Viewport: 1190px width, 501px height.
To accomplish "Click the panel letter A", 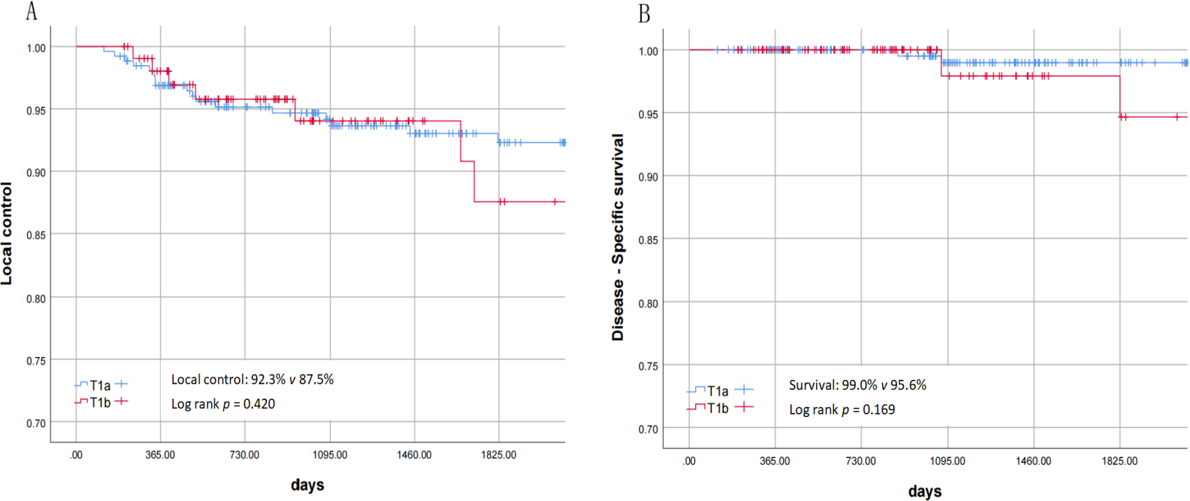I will [31, 11].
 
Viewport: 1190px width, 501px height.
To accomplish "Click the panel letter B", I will [644, 13].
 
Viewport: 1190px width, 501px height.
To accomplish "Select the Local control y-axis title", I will [7, 233].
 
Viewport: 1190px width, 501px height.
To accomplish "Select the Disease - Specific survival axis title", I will [617, 237].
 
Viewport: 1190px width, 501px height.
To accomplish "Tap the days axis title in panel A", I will [307, 485].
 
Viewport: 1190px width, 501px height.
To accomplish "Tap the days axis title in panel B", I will [924, 492].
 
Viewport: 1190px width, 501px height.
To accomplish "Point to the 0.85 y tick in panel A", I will [36, 235].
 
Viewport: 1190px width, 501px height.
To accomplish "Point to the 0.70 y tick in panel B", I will [648, 429].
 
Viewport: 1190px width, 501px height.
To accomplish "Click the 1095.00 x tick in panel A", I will [329, 455].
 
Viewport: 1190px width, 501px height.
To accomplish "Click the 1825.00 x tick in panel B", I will [1119, 461].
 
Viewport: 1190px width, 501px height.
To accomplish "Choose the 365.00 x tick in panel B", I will [775, 461].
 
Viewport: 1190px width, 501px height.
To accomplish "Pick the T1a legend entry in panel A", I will [100, 385].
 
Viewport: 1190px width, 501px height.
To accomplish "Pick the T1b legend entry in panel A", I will [100, 402].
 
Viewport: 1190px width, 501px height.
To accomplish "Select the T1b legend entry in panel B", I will [718, 408].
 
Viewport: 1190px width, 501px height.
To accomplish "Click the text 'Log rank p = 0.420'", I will [223, 404].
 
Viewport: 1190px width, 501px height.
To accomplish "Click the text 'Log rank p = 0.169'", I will [842, 410].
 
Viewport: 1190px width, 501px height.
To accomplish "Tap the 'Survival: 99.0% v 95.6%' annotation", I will [857, 385].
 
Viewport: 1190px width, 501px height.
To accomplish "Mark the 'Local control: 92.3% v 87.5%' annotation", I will [252, 379].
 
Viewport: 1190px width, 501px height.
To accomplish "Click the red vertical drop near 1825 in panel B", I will [1120, 96].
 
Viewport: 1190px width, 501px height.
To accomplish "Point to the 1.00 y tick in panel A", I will [36, 48].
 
